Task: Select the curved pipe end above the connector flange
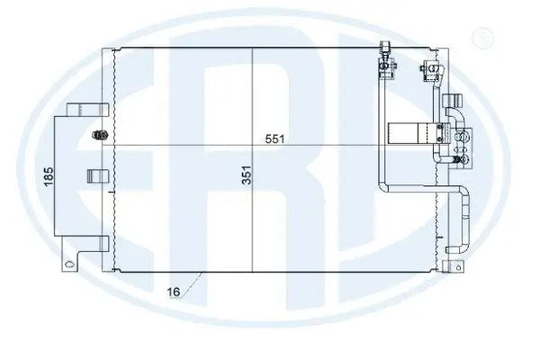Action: pyautogui.click(x=451, y=112)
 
